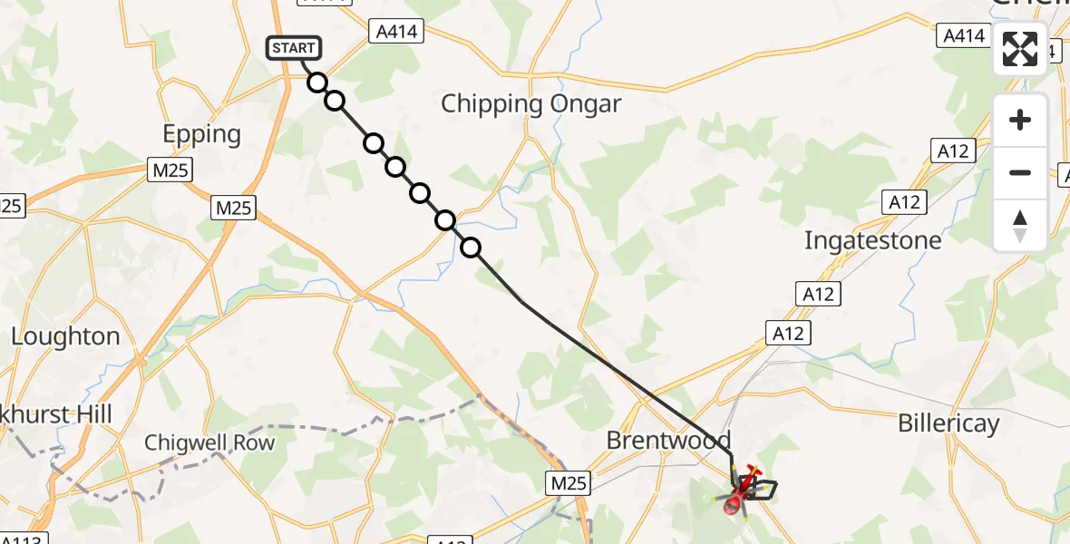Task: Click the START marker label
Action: click(293, 47)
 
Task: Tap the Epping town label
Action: click(201, 134)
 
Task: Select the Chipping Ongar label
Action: click(530, 103)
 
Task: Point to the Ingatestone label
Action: click(873, 240)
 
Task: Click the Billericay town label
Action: click(948, 423)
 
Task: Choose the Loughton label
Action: click(65, 336)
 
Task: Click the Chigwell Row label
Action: click(209, 442)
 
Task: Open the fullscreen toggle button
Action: click(1020, 49)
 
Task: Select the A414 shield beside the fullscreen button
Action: click(963, 35)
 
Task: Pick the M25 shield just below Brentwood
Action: click(569, 483)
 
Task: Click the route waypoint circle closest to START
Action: click(316, 83)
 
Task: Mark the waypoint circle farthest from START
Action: click(471, 247)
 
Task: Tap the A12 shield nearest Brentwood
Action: click(786, 334)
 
